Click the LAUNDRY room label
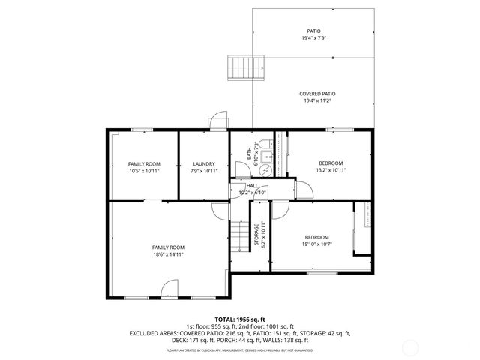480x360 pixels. click(x=204, y=163)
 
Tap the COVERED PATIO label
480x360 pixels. click(x=318, y=93)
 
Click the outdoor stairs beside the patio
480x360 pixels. click(x=244, y=67)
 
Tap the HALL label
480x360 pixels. click(x=252, y=185)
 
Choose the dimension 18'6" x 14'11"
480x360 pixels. click(x=168, y=254)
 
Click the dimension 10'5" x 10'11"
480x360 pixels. click(x=144, y=171)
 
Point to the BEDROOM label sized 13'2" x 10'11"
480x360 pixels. click(x=331, y=163)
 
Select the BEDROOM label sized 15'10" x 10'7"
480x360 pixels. click(x=317, y=237)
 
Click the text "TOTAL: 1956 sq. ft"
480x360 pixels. click(x=240, y=319)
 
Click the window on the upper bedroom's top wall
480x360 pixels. click(x=340, y=130)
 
